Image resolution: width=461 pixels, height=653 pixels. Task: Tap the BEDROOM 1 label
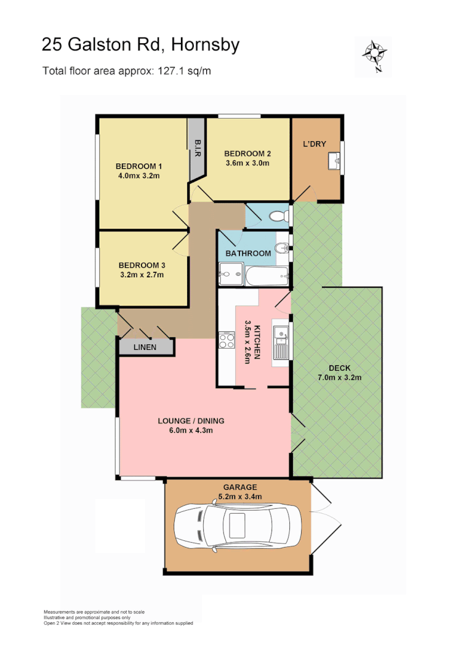coord(138,166)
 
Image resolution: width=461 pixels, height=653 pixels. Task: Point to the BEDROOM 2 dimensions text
coord(247,163)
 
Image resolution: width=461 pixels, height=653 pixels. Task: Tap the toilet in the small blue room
coord(279,216)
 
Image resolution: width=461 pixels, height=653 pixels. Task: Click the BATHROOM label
coord(248,253)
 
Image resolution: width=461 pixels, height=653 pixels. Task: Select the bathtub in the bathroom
coord(267,275)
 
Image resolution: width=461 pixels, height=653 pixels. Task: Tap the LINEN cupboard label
coord(145,347)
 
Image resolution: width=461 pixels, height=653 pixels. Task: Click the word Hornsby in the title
coord(206,44)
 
